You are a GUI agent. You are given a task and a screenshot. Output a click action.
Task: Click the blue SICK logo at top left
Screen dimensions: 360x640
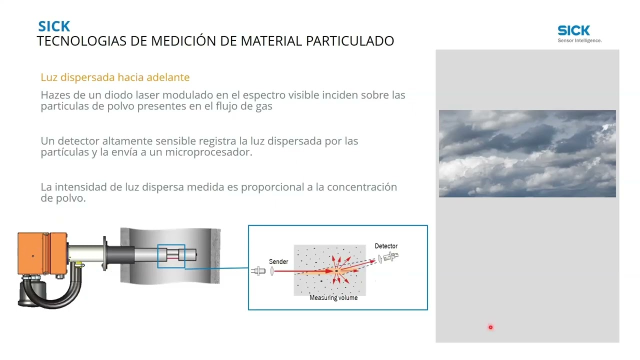[x=54, y=26]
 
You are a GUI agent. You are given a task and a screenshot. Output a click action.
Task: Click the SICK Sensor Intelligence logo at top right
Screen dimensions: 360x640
[x=579, y=33]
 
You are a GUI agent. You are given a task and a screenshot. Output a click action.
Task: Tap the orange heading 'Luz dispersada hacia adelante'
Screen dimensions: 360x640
[x=115, y=77]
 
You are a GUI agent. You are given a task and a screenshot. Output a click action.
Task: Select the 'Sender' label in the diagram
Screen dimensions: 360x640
[x=278, y=261]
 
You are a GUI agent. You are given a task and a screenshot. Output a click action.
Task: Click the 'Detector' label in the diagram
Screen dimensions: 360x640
[x=386, y=246]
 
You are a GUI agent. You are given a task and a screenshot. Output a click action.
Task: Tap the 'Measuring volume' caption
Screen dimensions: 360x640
[x=333, y=298]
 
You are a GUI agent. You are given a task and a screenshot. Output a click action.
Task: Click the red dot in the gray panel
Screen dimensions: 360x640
[x=490, y=327]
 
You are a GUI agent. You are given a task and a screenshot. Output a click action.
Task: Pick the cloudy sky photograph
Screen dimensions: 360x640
[x=527, y=153]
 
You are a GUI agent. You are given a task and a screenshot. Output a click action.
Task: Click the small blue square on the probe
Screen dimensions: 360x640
[x=171, y=256]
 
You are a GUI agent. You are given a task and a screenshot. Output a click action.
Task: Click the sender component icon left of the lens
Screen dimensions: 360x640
[x=259, y=271]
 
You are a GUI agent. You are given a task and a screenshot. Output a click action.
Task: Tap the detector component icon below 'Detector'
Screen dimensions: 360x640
[x=390, y=257]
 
